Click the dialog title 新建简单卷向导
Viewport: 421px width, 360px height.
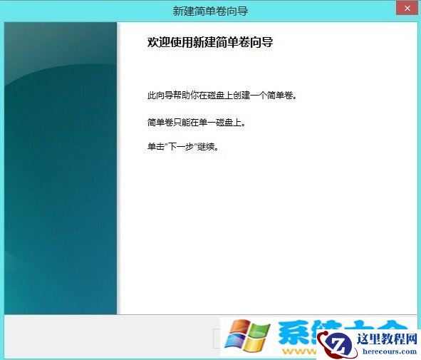(210, 11)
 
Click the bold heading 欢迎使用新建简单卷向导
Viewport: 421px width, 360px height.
(210, 43)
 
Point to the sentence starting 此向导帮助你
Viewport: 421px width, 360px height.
(221, 95)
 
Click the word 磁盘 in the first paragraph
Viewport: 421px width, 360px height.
(229, 95)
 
